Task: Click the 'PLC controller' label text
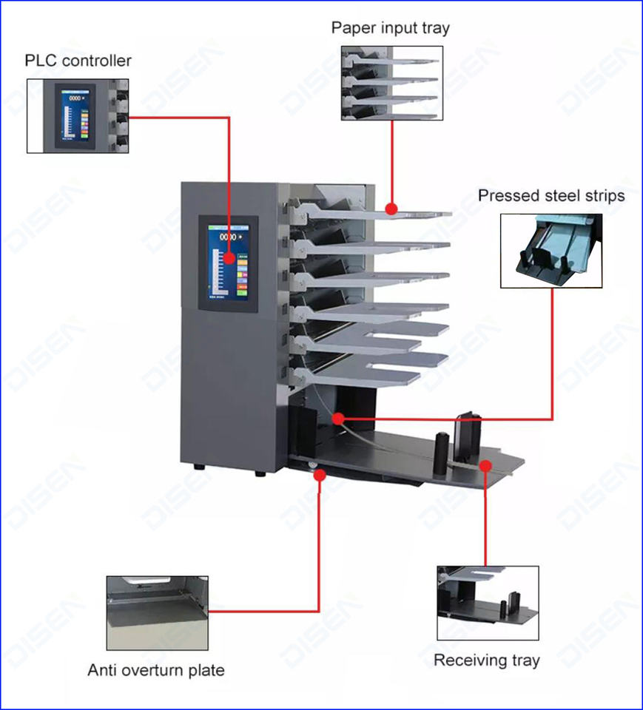[78, 60]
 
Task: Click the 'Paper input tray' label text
[390, 28]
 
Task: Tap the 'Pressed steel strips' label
[551, 196]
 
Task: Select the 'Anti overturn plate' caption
[156, 671]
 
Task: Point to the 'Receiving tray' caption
[486, 660]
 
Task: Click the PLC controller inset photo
[78, 116]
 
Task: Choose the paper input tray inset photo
[391, 83]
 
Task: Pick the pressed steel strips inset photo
[551, 251]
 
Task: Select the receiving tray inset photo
[488, 603]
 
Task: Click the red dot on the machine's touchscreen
[230, 258]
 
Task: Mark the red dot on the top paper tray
[391, 209]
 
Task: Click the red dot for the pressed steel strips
[337, 419]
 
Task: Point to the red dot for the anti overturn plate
[320, 473]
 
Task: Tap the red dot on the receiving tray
[485, 465]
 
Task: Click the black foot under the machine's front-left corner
[199, 467]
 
